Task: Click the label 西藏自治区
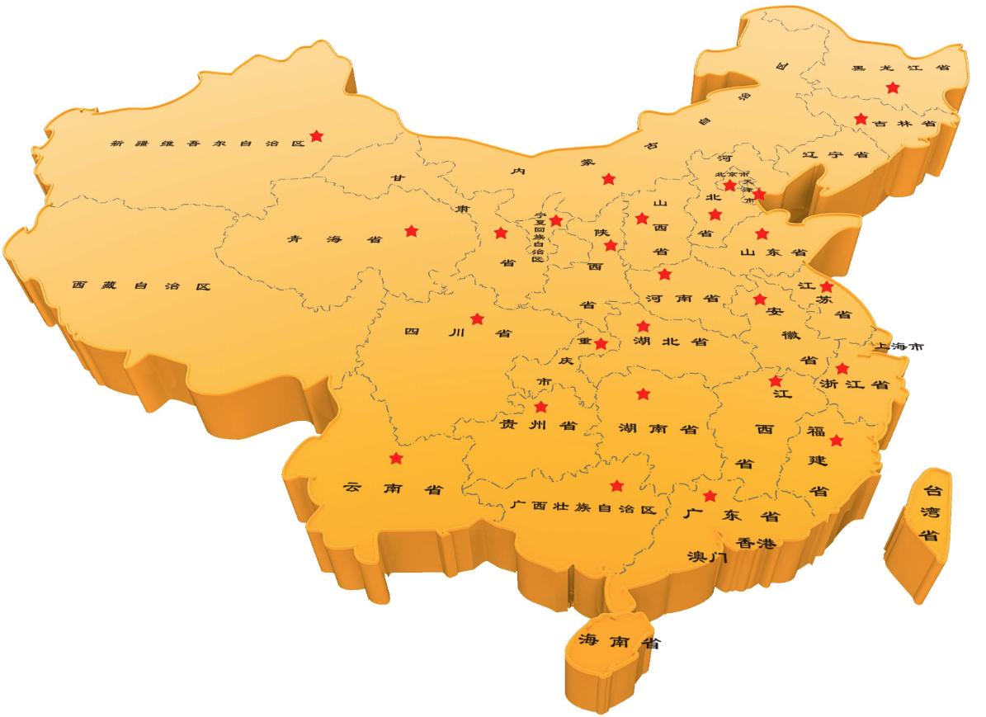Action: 141,286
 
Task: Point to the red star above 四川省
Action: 477,318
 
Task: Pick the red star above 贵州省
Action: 541,407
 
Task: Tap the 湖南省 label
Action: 658,429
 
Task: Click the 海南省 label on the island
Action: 618,640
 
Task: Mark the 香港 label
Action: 756,544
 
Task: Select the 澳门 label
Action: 707,557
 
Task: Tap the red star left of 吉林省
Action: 861,119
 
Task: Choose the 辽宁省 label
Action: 835,154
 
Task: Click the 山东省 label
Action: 772,252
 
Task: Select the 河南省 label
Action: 682,298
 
